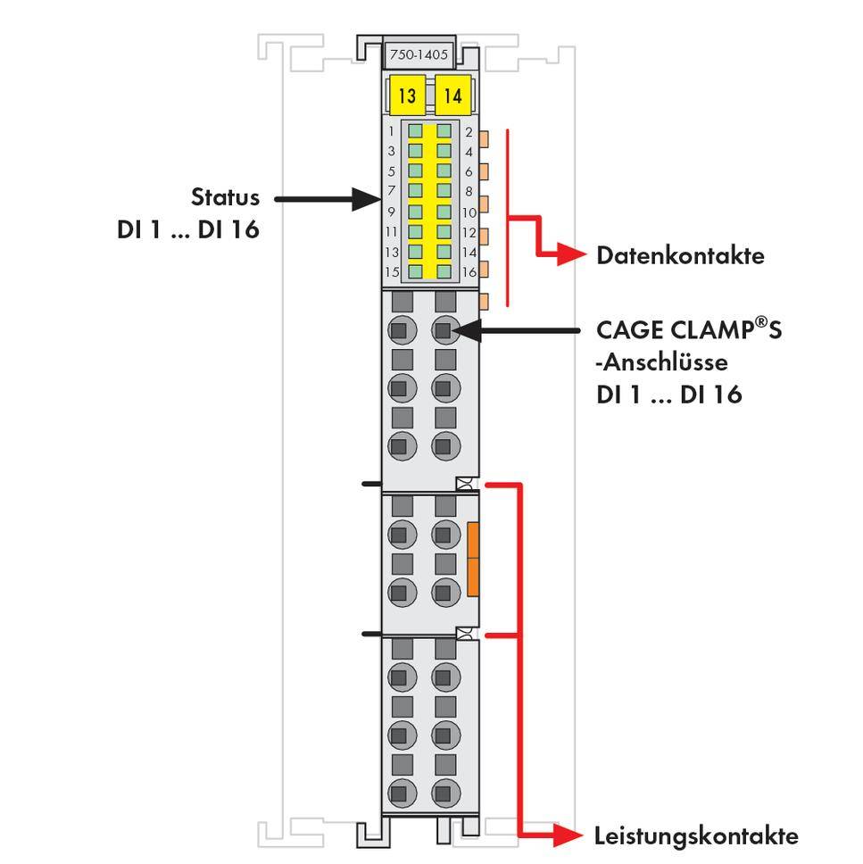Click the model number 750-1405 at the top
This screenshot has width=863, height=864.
pos(419,54)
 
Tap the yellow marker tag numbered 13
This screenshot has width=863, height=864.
pos(406,96)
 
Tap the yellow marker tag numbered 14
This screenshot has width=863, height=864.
pos(452,96)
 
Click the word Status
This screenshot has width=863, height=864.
pos(226,197)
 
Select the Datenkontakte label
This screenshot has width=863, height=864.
pos(680,256)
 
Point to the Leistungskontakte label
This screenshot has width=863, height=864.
pos(696,836)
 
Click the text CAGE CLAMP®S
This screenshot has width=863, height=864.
pos(688,329)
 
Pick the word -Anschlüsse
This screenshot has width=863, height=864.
pos(649,362)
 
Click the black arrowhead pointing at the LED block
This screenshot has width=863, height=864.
pos(365,198)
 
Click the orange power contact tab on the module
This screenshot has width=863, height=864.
pos(473,559)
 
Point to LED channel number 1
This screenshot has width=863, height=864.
pos(392,131)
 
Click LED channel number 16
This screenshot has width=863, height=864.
pos(469,272)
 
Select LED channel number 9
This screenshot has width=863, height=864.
pos(392,212)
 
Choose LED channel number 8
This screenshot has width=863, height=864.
pos(469,191)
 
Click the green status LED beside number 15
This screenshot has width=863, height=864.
pos(416,271)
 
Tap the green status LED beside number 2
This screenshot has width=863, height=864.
pos(444,131)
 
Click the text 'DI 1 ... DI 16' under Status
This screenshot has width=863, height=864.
pos(188,229)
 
